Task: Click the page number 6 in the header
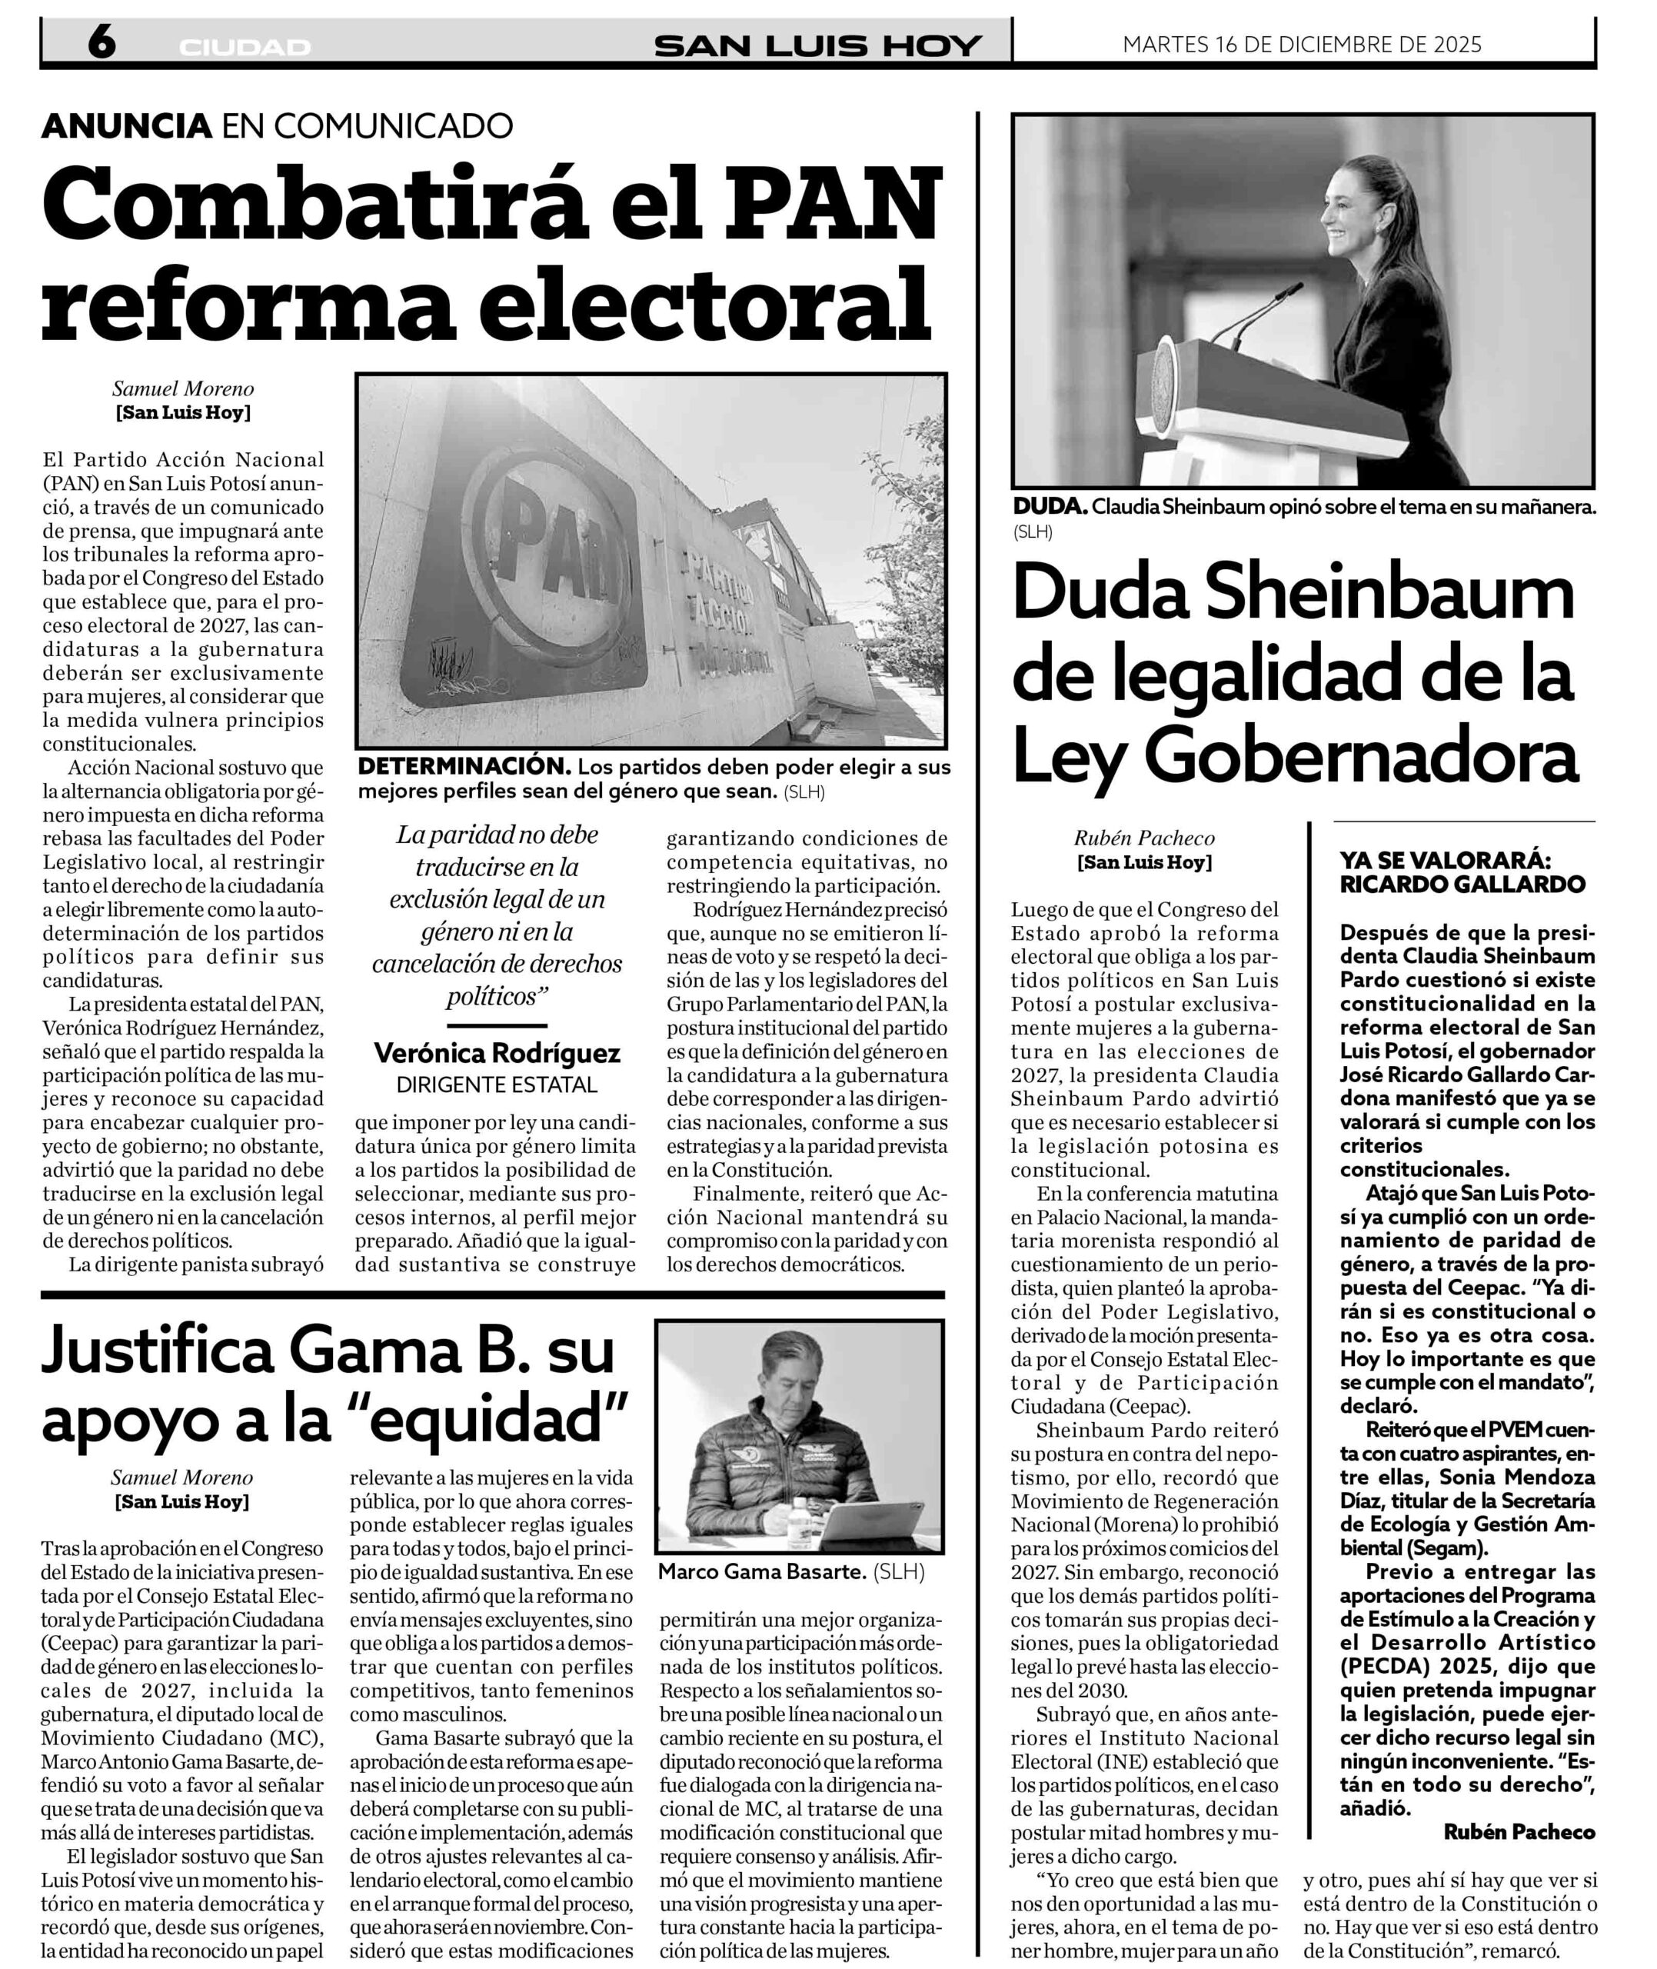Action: pos(101,42)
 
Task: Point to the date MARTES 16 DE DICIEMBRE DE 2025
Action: pos(1302,44)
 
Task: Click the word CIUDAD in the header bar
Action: pos(245,47)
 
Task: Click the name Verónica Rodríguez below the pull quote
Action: pos(497,1053)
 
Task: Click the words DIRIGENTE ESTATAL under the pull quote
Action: pos(497,1085)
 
